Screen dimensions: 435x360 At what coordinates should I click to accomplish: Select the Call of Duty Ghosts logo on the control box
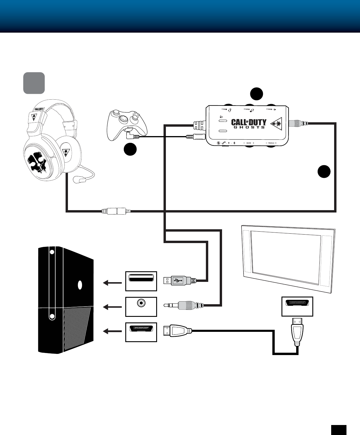click(x=249, y=123)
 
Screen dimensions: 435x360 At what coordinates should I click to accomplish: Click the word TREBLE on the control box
click(x=271, y=143)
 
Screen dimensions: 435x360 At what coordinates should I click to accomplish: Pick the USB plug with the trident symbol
click(x=176, y=281)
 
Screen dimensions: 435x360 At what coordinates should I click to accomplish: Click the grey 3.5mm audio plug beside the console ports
click(x=188, y=306)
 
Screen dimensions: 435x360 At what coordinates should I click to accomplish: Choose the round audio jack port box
click(x=141, y=307)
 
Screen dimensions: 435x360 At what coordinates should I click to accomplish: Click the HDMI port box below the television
click(x=297, y=307)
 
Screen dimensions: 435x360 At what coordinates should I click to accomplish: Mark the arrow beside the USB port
click(x=112, y=283)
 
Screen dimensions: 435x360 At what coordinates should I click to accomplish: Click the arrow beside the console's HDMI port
click(x=112, y=332)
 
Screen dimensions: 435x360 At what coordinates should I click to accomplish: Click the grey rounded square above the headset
click(x=34, y=83)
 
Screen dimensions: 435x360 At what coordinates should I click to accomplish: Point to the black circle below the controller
click(x=130, y=149)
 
